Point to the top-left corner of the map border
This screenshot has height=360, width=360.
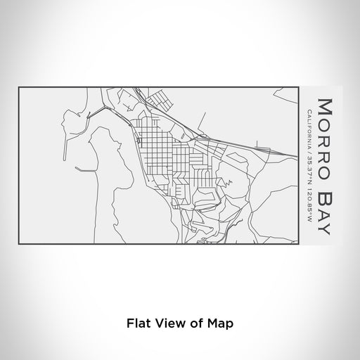click(19, 87)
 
